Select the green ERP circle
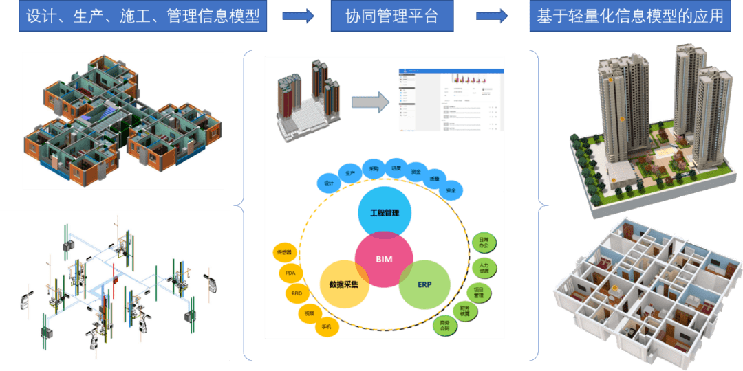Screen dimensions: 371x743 click(x=424, y=284)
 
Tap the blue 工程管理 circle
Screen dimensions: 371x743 click(x=385, y=213)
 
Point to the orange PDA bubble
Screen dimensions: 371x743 click(x=290, y=273)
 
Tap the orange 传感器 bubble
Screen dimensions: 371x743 click(x=285, y=252)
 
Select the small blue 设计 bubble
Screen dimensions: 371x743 click(x=328, y=183)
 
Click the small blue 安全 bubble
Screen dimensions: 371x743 click(x=451, y=190)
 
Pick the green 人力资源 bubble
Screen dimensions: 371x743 click(x=484, y=266)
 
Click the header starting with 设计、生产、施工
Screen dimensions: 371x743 click(x=143, y=16)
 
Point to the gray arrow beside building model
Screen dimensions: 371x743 click(x=370, y=102)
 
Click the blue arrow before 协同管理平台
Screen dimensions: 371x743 click(x=298, y=16)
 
